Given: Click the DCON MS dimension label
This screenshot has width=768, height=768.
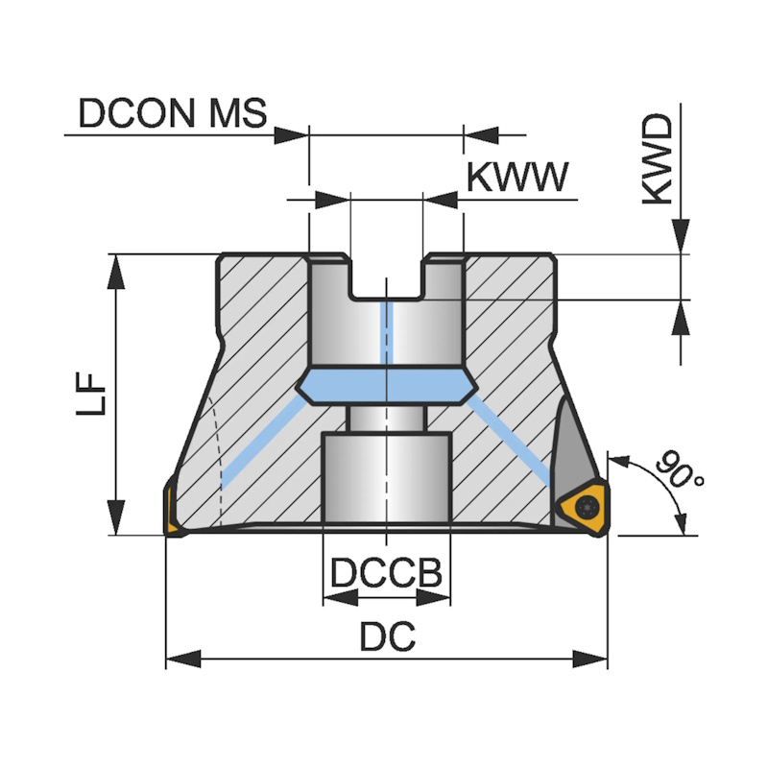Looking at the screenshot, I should point(172,114).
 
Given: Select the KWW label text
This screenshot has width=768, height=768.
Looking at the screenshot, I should point(517,178).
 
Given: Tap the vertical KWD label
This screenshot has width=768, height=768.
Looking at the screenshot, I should point(659,161).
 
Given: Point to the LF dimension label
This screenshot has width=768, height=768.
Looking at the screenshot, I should point(91,394).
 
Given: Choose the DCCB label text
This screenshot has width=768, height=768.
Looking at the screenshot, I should point(386,573).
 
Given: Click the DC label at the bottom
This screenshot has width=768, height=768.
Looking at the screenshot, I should point(387,636).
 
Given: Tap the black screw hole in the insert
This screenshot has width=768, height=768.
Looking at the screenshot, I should point(584,506).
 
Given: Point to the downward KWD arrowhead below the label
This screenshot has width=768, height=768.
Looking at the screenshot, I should point(681,236).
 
